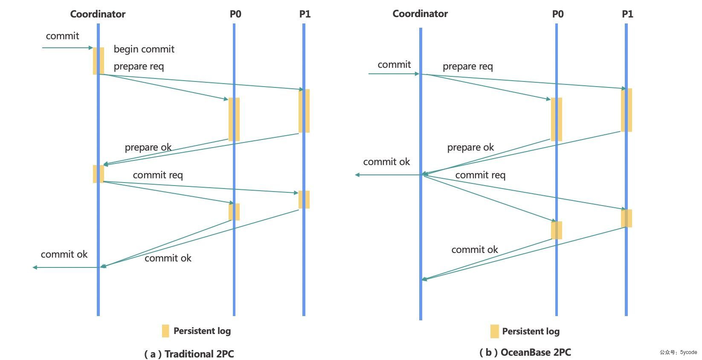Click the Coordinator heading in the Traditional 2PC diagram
[98, 14]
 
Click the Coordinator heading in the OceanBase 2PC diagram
[420, 14]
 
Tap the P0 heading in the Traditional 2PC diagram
[235, 14]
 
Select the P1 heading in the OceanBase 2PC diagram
[627, 14]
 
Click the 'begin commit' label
[144, 49]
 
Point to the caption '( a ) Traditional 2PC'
[189, 354]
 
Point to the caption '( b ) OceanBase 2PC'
[525, 352]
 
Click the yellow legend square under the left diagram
[165, 331]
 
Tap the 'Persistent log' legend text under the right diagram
[531, 331]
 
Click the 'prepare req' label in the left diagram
[139, 67]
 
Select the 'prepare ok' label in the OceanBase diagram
[470, 147]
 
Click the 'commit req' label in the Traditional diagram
[158, 175]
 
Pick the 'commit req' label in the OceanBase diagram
[480, 175]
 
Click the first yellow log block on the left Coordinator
[99, 61]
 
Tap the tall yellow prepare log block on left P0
[234, 119]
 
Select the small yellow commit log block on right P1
[626, 218]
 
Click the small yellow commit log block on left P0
[234, 212]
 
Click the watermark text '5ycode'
[688, 352]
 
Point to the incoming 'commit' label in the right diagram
[394, 65]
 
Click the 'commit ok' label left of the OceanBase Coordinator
[386, 162]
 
